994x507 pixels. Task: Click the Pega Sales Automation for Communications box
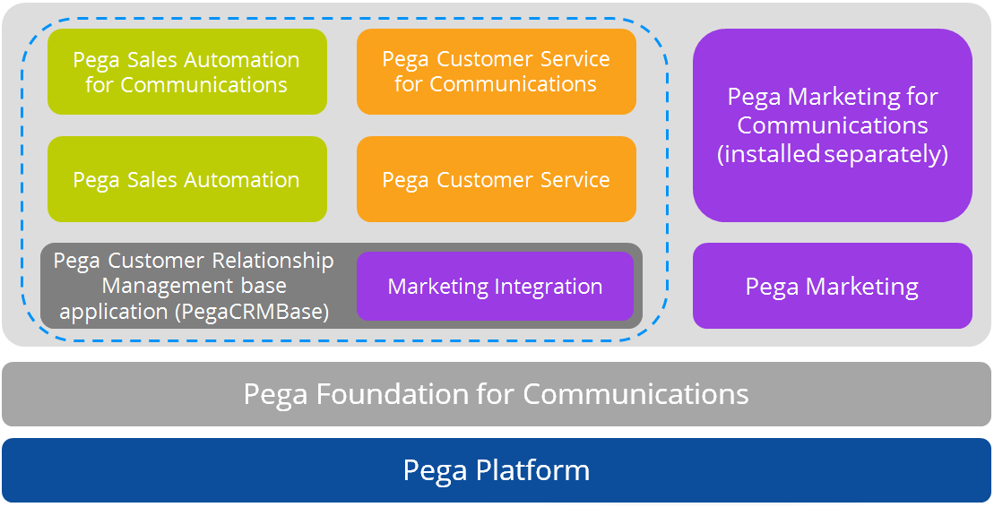pos(186,72)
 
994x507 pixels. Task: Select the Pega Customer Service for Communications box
pos(496,72)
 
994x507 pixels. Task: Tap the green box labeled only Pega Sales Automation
pos(186,179)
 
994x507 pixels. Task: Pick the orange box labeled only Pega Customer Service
pos(496,179)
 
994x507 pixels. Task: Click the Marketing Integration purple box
pos(495,287)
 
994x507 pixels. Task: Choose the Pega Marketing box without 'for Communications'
pos(832,287)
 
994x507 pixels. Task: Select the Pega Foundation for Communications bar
pos(496,394)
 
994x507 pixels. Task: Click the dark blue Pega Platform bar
pos(496,470)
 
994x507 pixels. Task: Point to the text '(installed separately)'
pos(832,154)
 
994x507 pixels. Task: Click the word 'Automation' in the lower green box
pos(243,179)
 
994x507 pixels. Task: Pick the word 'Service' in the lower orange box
pos(577,179)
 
